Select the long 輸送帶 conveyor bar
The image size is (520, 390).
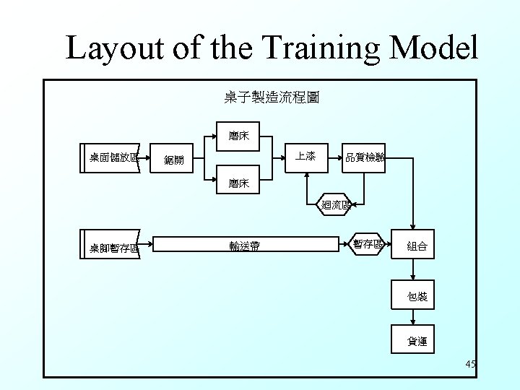246,246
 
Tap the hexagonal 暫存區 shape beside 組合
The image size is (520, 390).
367,244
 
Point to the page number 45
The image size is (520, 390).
470,365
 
